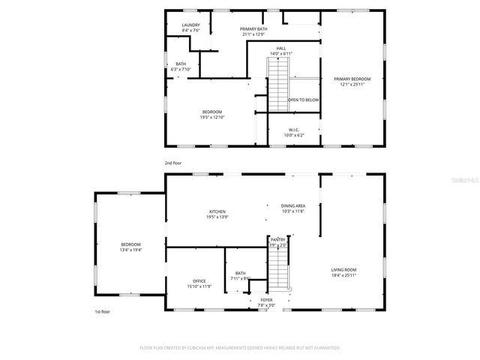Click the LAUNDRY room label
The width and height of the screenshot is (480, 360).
[190, 25]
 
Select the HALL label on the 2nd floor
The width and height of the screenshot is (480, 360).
[281, 49]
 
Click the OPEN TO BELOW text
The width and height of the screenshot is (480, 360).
[304, 100]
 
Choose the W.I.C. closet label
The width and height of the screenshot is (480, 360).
[294, 130]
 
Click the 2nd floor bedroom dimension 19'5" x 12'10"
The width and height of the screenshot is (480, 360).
[212, 117]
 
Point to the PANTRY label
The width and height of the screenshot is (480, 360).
[278, 240]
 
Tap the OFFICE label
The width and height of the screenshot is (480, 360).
[199, 281]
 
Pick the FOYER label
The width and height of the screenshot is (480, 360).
[266, 300]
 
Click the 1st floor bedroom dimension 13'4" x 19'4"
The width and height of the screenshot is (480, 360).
[131, 250]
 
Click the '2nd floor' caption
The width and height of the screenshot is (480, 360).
[173, 163]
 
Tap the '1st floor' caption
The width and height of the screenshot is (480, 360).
[102, 311]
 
